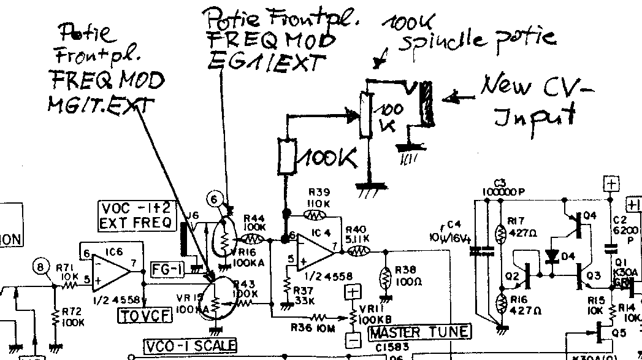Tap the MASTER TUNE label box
(x=420, y=332)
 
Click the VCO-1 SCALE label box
(x=190, y=346)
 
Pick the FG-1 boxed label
(x=167, y=268)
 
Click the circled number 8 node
(x=41, y=267)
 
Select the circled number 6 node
(x=213, y=198)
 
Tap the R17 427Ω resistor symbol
(x=500, y=234)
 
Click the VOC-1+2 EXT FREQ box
(x=137, y=215)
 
